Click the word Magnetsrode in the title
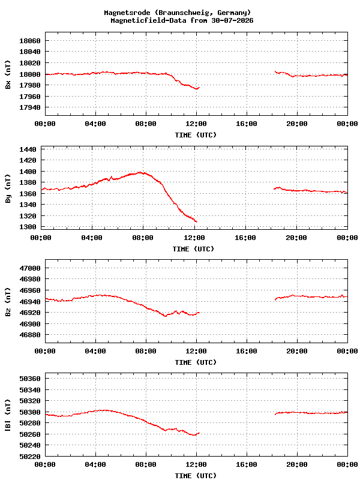(x=127, y=13)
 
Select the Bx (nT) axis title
(x=8, y=74)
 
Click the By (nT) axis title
(x=8, y=188)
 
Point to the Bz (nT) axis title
(x=8, y=302)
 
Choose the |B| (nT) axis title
(x=8, y=415)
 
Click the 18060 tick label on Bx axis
(x=30, y=41)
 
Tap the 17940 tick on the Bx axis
(x=30, y=107)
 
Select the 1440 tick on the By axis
(x=28, y=149)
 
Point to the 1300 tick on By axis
(x=28, y=227)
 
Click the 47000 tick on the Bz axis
(x=30, y=268)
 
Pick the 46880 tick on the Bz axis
(x=30, y=335)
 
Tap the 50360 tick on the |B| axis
(x=30, y=379)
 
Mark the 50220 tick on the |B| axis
(x=30, y=457)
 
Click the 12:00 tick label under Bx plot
(x=196, y=124)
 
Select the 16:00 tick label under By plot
(x=245, y=238)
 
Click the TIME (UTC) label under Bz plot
(x=196, y=362)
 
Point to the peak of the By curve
(x=140, y=172)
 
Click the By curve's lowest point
(x=196, y=221)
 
